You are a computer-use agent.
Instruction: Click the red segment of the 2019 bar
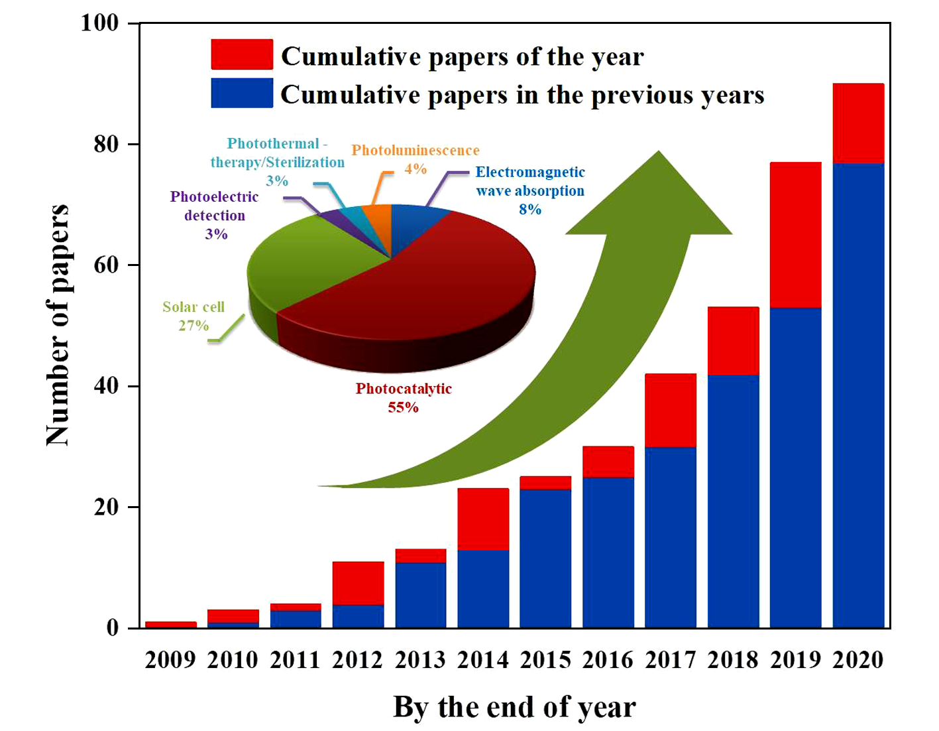(x=795, y=235)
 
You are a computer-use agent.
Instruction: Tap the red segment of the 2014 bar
(x=483, y=519)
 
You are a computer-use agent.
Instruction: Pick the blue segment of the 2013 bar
(x=421, y=595)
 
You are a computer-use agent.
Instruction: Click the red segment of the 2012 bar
(x=358, y=583)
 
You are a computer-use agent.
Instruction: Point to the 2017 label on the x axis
(x=671, y=660)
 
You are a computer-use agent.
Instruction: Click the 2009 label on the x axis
(x=170, y=660)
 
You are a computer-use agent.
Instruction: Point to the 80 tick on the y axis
(x=106, y=144)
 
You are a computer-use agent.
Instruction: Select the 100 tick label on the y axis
(x=99, y=23)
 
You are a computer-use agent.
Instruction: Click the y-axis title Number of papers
(x=58, y=325)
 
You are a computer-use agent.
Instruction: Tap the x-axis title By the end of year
(x=514, y=707)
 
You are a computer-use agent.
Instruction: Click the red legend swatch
(x=242, y=54)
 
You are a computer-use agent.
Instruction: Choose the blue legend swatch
(x=242, y=93)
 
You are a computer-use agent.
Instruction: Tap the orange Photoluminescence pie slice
(x=378, y=215)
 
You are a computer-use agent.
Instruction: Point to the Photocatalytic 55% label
(x=404, y=397)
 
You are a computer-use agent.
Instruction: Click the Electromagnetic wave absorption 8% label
(x=530, y=190)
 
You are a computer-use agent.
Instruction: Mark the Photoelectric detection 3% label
(x=215, y=215)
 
